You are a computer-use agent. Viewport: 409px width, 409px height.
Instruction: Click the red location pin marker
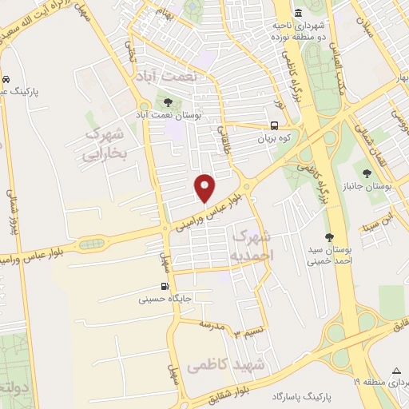205,188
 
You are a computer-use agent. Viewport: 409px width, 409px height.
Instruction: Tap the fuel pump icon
165,288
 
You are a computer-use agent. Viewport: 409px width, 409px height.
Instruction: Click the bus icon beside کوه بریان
275,125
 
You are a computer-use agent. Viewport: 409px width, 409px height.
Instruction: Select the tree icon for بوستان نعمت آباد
168,102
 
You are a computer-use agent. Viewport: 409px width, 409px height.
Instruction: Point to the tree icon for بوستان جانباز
367,173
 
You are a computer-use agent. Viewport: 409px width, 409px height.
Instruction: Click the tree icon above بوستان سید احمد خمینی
329,237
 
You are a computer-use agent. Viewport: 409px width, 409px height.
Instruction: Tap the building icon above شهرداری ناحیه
298,13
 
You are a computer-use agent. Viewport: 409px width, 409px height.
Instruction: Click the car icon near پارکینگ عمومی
6,80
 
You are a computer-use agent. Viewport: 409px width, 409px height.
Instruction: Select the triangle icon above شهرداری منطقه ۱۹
397,371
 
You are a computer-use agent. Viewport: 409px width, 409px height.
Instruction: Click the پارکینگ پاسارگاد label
299,396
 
